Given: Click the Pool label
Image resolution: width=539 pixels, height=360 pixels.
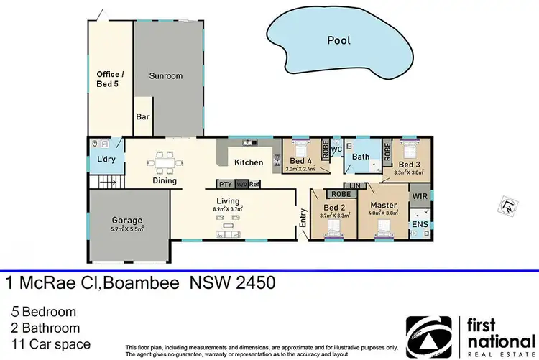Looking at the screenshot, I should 338,40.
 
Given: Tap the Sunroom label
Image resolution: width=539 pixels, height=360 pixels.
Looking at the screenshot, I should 165,75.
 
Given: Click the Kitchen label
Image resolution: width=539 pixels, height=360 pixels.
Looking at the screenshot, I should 249,162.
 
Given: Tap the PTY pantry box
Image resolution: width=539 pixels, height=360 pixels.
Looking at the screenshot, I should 226,184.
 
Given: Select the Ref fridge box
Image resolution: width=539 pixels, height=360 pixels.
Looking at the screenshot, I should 254,184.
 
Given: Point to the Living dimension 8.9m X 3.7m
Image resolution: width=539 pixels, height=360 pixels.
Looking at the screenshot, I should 228,209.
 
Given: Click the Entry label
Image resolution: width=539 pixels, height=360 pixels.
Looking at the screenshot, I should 303,218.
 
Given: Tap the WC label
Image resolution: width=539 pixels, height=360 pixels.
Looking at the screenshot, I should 336,149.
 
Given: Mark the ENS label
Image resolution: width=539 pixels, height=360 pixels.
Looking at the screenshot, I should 420,225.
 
